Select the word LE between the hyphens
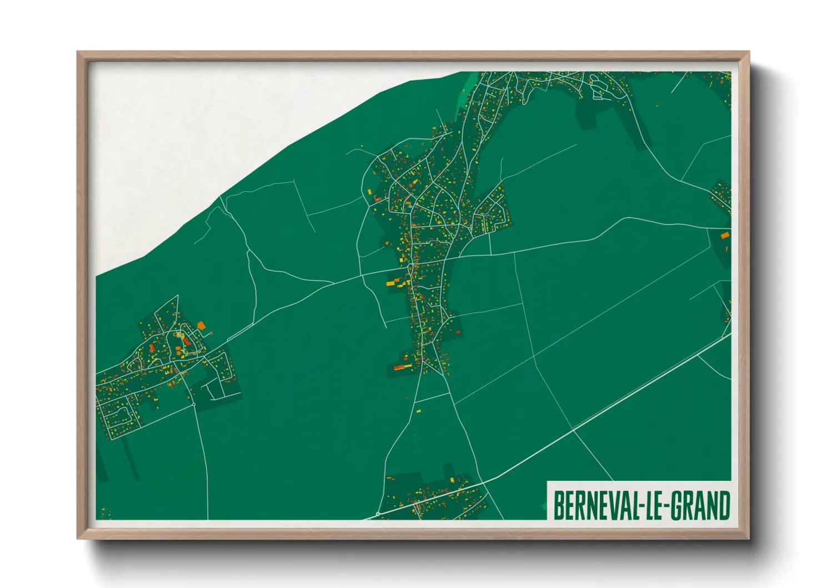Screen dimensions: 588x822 pyautogui.click(x=653, y=505)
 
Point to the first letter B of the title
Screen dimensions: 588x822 pyautogui.click(x=559, y=505)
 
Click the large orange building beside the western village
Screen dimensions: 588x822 pyautogui.click(x=201, y=326)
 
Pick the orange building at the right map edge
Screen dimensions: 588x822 pyautogui.click(x=724, y=236)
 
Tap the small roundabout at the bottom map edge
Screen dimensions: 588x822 pyautogui.click(x=378, y=515)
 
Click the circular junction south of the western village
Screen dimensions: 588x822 pyautogui.click(x=194, y=404)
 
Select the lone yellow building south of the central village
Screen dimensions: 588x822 pyautogui.click(x=418, y=411)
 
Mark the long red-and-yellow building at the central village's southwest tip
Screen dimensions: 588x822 pyautogui.click(x=403, y=367)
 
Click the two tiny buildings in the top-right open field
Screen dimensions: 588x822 pyautogui.click(x=659, y=104)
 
